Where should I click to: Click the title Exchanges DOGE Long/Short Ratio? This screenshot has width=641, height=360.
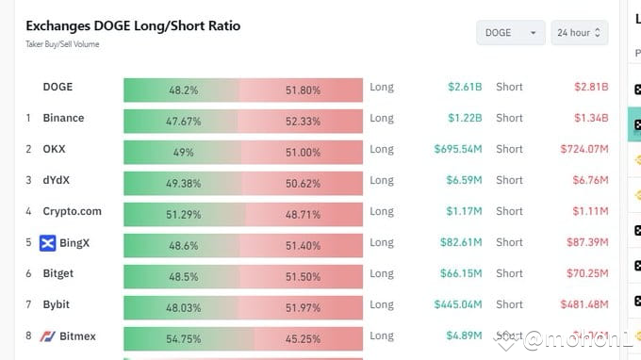(133, 25)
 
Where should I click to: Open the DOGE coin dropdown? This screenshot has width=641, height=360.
(510, 33)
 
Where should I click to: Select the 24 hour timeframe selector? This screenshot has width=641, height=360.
(579, 33)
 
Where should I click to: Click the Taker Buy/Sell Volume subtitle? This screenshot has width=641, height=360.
(62, 44)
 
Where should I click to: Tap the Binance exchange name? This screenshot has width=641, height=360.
(63, 118)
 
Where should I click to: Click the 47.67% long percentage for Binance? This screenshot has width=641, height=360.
(183, 122)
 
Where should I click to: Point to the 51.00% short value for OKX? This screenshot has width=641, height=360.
(302, 153)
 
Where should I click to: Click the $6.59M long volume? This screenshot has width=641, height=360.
(463, 180)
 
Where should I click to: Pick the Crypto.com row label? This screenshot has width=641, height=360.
(72, 211)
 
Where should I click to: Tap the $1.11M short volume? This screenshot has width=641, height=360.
(591, 211)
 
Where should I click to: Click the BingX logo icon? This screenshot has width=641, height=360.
(48, 243)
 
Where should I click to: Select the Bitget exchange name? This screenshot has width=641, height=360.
(58, 273)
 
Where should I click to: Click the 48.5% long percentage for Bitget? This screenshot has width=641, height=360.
(183, 277)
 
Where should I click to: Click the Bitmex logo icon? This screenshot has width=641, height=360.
(48, 336)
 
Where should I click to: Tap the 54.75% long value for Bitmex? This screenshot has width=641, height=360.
(183, 339)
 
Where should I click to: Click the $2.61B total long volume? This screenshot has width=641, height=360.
(465, 87)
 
